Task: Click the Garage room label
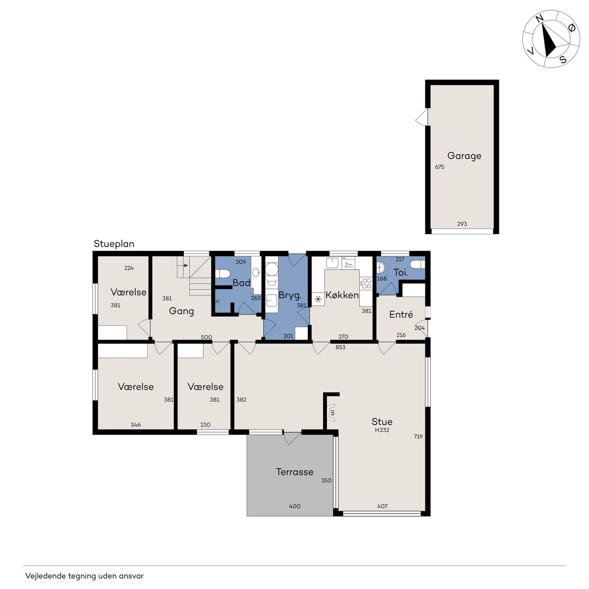point(464,156)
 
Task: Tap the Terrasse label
point(294,472)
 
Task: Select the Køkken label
point(342,295)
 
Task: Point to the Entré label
point(401,315)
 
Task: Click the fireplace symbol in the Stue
point(331,413)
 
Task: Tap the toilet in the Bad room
point(220,273)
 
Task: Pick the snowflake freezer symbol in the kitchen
point(318,299)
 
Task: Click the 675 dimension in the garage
point(439,167)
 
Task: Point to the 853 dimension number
point(340,347)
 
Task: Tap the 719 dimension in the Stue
point(418,437)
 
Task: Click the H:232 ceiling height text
point(382,430)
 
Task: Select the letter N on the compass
point(540,19)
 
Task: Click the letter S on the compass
point(563,59)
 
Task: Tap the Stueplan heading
point(114,244)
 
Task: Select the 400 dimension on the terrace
point(294,506)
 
